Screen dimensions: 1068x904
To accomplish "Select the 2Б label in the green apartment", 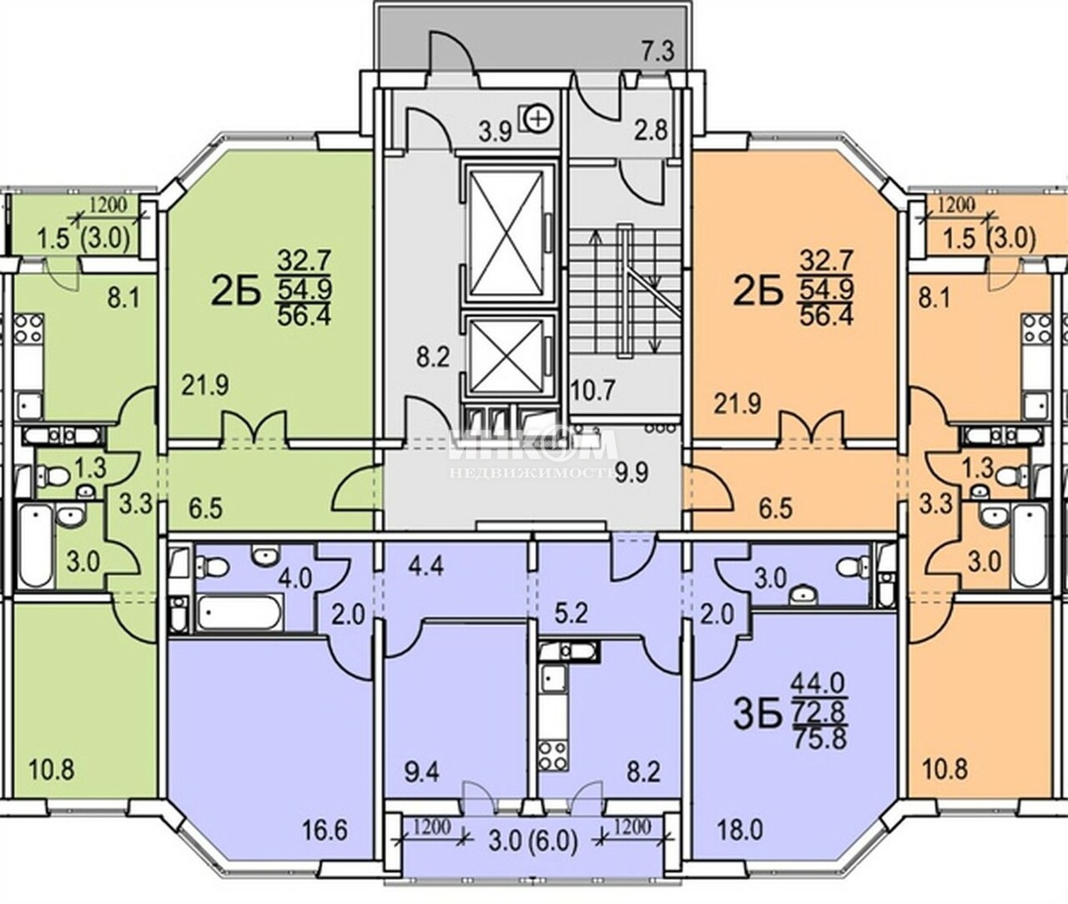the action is [235, 295].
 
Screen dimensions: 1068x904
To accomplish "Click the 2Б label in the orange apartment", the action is [758, 294].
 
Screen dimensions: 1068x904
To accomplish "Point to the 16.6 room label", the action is [325, 832].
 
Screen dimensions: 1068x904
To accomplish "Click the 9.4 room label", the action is [421, 773].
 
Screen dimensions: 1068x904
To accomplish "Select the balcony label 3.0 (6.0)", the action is [532, 843].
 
